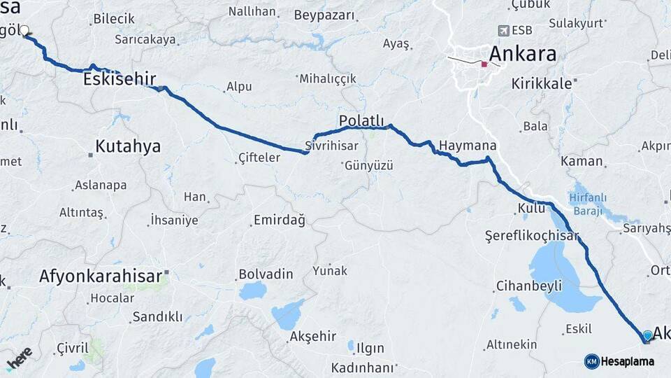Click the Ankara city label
point(522,53)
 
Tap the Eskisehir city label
point(119,79)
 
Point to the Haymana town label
point(468,146)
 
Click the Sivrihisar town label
point(331,146)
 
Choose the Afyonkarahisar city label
point(101,275)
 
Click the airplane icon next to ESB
point(503,31)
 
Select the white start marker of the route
point(24,31)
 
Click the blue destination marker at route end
point(647,337)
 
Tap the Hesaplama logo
point(620,361)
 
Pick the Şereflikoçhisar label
point(532,237)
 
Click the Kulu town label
point(531,208)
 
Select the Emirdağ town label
point(280,221)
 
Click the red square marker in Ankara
point(483,64)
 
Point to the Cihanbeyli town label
point(528,286)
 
